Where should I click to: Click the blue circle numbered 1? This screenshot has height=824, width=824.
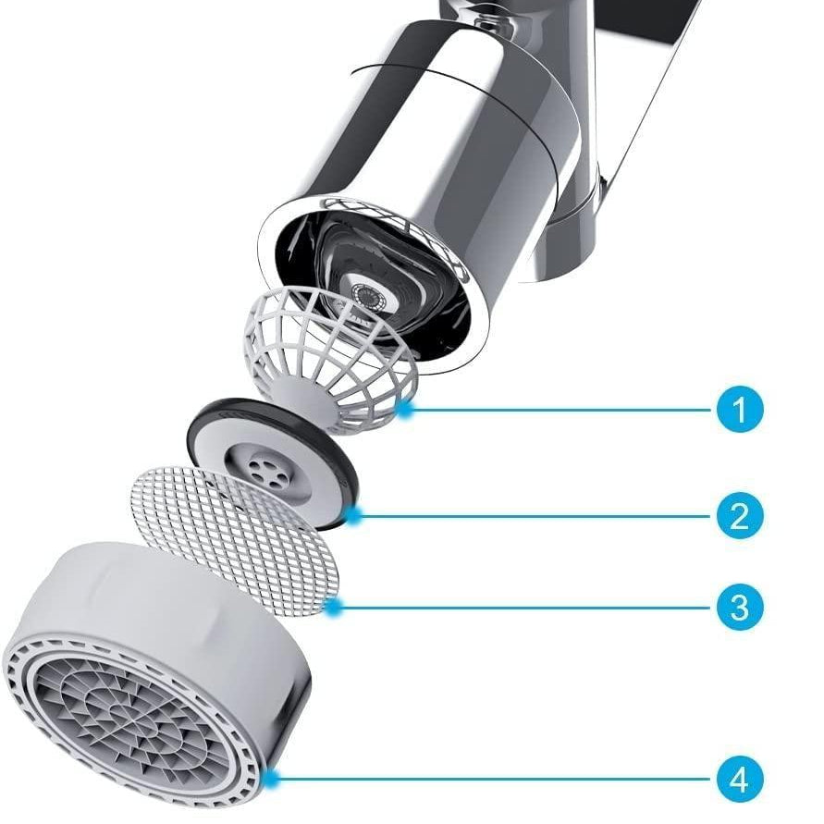740,410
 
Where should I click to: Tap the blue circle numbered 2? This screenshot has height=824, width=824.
740,515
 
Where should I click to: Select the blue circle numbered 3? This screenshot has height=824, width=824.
740,607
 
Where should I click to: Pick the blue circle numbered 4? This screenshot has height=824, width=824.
740,779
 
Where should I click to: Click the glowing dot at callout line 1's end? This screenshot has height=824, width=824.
403,410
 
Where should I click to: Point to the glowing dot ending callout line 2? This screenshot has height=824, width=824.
354,515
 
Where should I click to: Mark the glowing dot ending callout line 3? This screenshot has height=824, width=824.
332,608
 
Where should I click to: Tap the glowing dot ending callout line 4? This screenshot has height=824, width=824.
271,779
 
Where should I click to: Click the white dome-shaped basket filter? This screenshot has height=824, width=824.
328,358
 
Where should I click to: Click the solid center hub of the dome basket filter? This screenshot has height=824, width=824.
302,397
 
